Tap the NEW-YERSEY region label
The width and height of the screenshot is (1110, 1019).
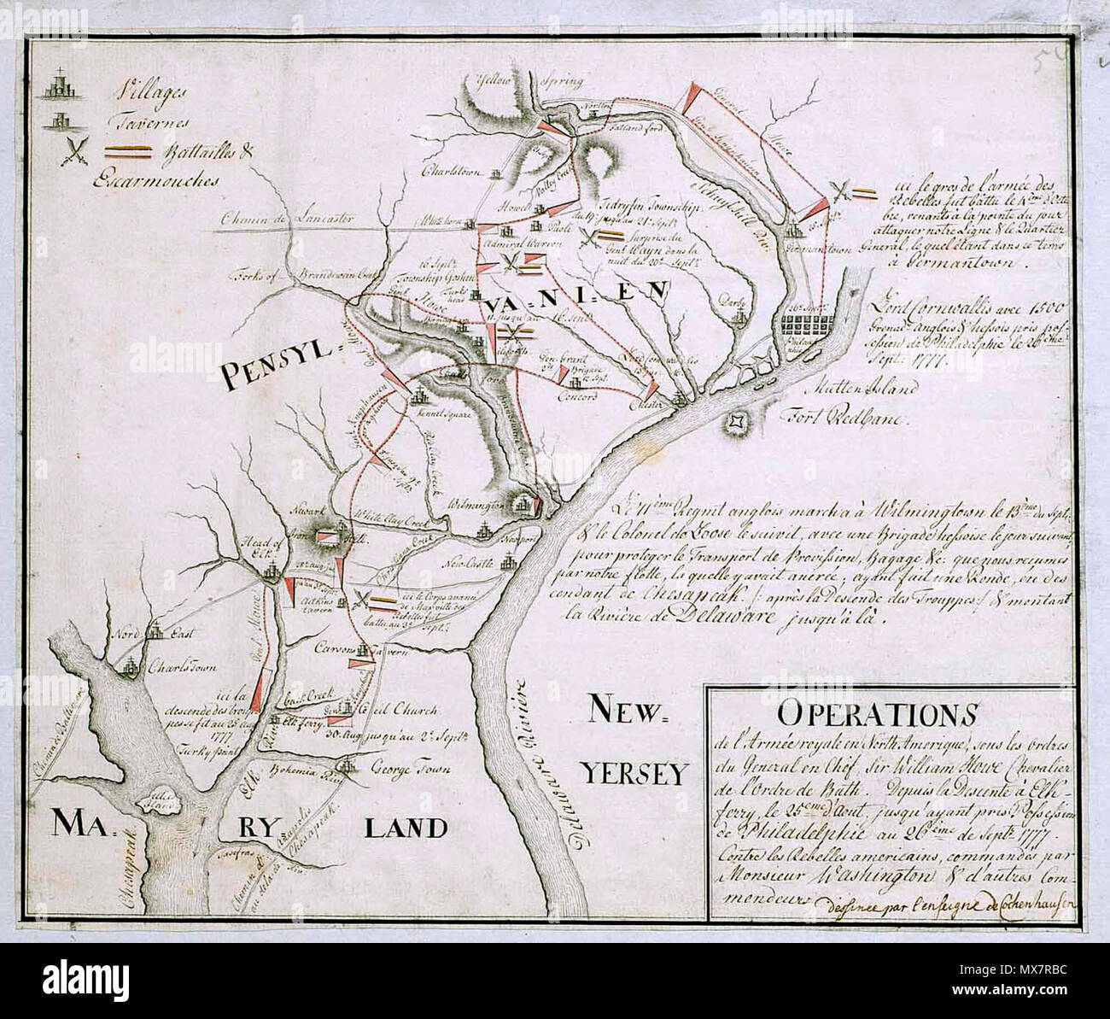(635, 741)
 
